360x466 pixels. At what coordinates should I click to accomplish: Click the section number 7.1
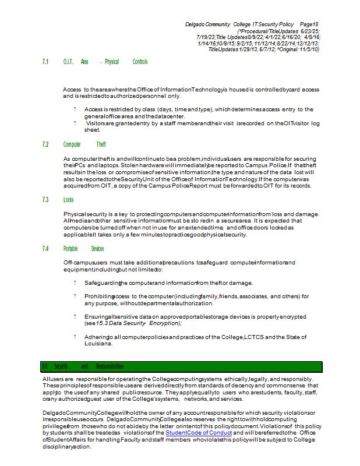click(45, 62)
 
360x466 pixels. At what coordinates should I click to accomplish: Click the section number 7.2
click(45, 144)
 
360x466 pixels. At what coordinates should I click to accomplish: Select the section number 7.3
click(45, 200)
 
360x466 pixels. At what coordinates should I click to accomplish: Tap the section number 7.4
click(45, 249)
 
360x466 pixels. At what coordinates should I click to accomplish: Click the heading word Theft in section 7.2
click(101, 144)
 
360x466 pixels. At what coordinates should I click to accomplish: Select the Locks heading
click(69, 200)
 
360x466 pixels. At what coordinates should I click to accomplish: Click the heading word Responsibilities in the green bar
click(110, 366)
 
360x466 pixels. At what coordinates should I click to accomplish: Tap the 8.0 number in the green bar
click(45, 366)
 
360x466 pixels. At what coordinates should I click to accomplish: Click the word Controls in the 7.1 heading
click(140, 62)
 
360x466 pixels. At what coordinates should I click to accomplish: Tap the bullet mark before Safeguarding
click(75, 283)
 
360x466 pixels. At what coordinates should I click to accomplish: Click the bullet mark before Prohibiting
click(75, 296)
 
